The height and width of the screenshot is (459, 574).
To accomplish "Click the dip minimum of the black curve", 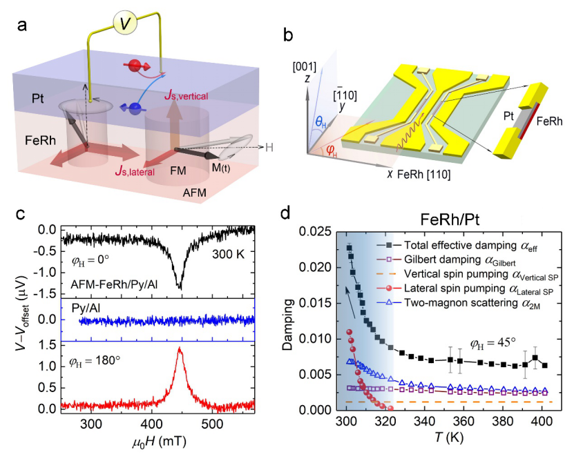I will coord(180,287).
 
